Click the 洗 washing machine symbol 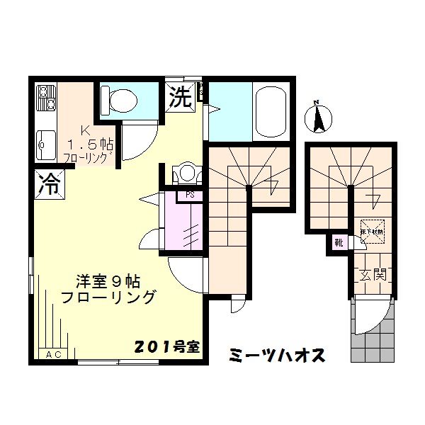[180, 97]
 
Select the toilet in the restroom [120, 98]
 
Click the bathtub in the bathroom [268, 112]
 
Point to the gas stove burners [46, 99]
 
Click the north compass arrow [319, 117]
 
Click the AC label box [54, 354]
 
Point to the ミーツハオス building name [277, 355]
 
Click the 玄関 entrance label [371, 274]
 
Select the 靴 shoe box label [339, 243]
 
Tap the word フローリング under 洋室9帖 [108, 297]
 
